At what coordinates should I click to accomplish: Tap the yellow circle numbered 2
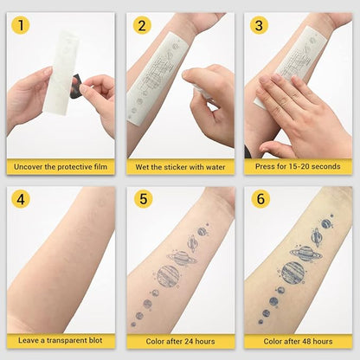(142, 26)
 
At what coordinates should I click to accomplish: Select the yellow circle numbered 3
(259, 26)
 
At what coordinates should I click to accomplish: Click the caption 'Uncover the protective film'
(61, 166)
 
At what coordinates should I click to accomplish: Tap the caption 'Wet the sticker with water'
(179, 166)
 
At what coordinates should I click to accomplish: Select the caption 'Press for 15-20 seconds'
(298, 166)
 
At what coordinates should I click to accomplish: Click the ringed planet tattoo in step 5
(183, 258)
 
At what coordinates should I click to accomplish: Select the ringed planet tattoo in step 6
(303, 254)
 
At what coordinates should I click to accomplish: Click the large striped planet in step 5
(169, 276)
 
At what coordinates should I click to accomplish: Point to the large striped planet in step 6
(292, 273)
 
